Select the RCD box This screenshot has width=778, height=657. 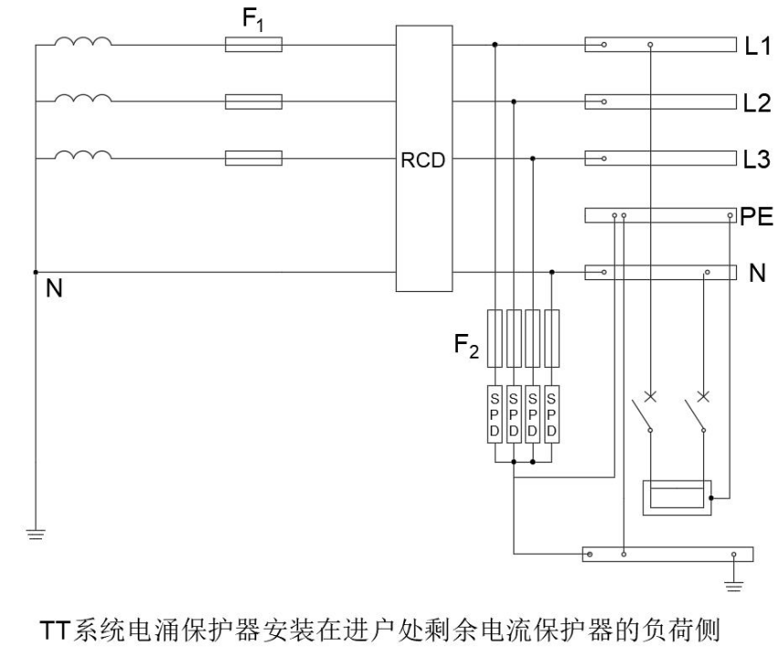[x=424, y=159]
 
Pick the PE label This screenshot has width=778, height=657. [x=757, y=215]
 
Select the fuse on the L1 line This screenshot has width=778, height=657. [x=253, y=44]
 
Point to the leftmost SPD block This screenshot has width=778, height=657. [x=495, y=416]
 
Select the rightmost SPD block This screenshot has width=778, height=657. [x=550, y=416]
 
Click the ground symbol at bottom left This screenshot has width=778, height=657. [x=35, y=534]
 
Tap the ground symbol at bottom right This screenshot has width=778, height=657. [x=733, y=577]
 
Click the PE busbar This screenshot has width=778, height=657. [x=659, y=216]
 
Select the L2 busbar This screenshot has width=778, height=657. [x=659, y=101]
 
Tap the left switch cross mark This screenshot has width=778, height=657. [x=650, y=397]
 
